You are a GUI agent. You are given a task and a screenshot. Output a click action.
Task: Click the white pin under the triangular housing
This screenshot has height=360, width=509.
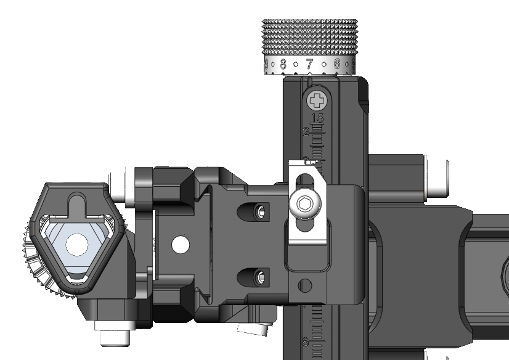pyautogui.click(x=112, y=337)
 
